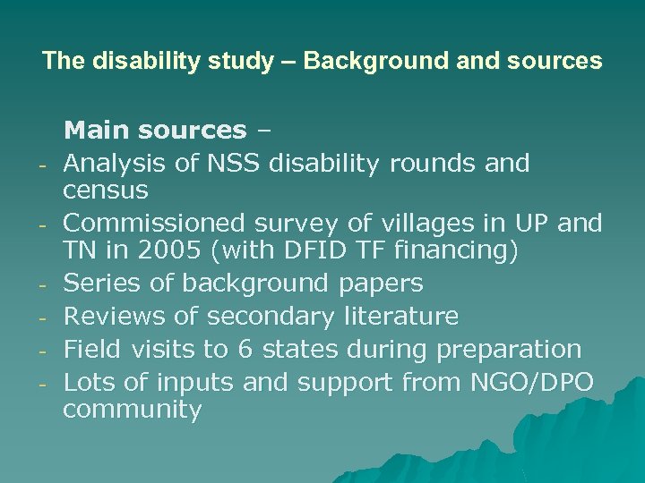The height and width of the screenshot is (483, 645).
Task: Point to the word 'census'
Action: [106, 191]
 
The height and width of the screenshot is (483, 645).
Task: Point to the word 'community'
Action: [132, 411]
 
